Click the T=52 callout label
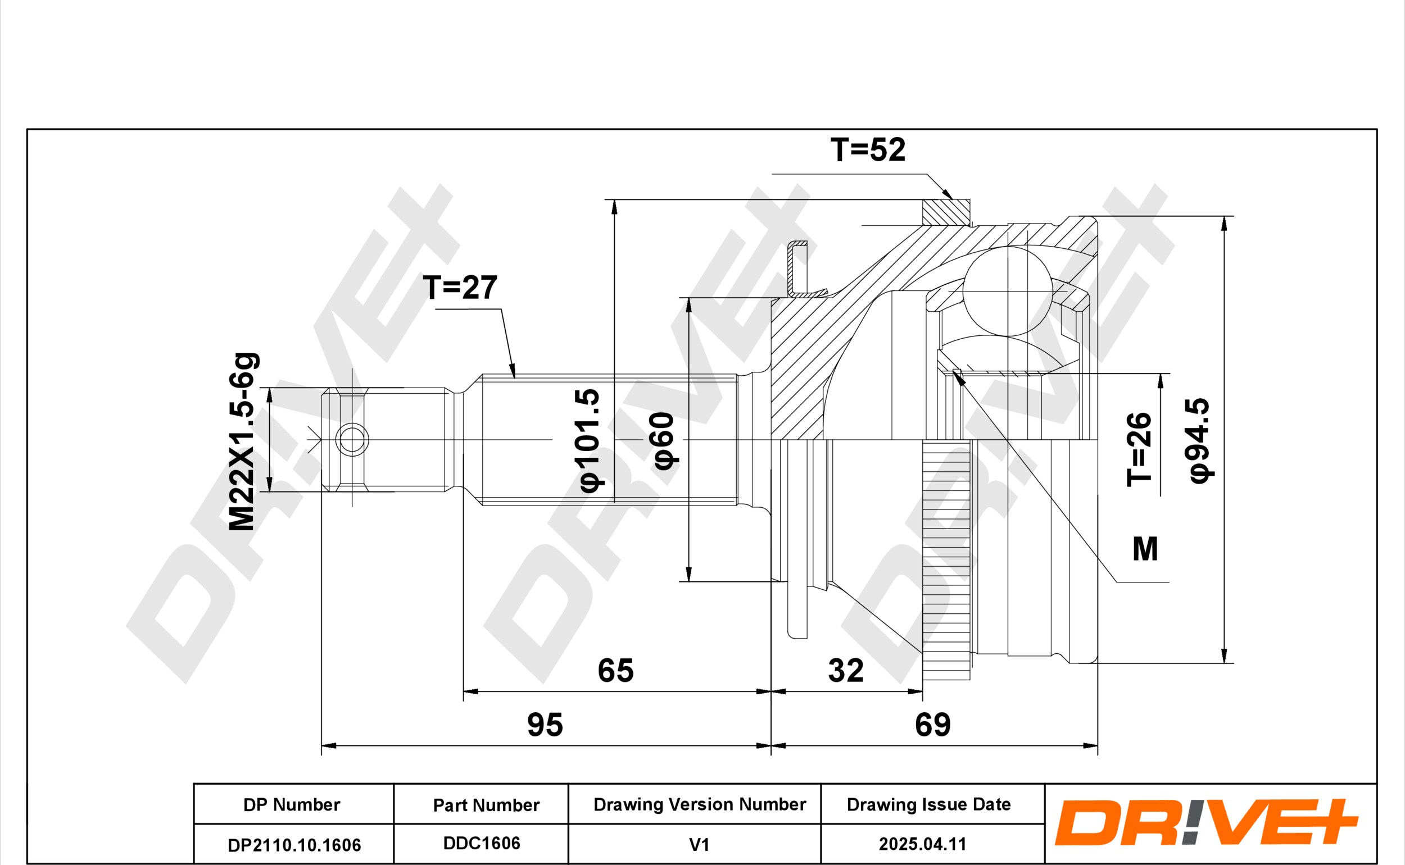coord(868,149)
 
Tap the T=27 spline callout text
coord(460,287)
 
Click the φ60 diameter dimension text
coord(664,441)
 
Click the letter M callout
coord(1145,549)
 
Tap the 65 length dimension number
coord(616,670)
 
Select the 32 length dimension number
coord(846,670)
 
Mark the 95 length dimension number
coord(545,725)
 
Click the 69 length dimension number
coord(933,725)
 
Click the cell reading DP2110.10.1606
coord(294,845)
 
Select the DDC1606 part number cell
coord(481,844)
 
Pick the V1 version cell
coord(699,844)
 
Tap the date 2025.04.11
coord(923,844)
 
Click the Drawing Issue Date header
coord(929,804)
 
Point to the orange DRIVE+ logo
coord(1205,823)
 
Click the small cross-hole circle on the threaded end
coord(352,440)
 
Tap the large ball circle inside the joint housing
coord(1008,291)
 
